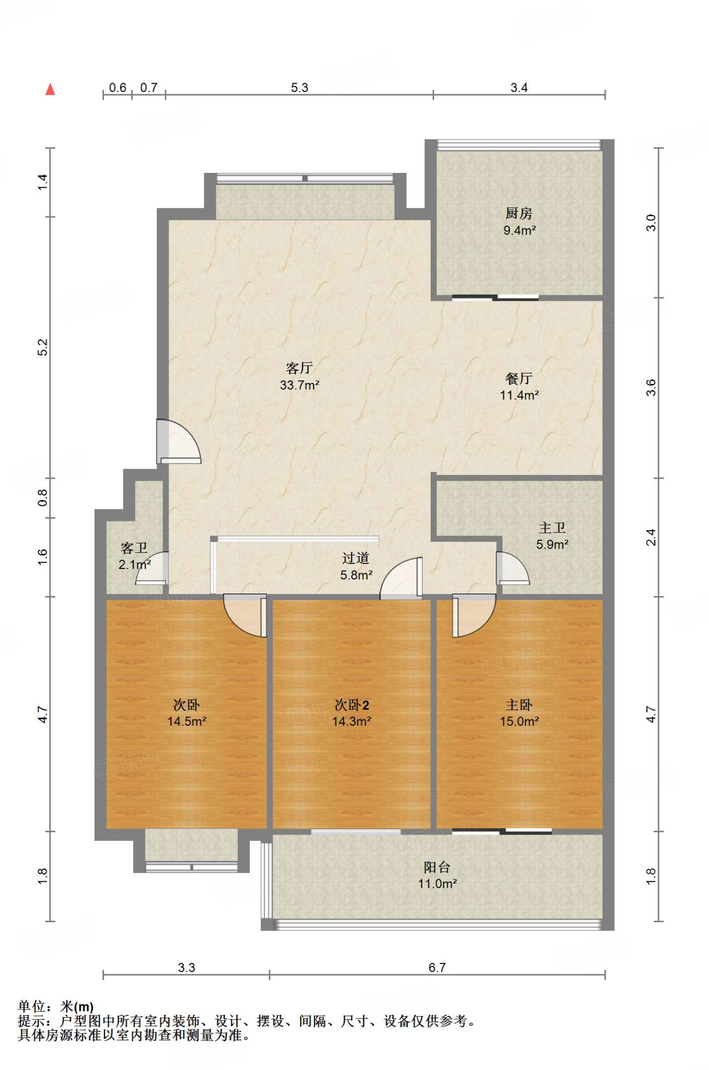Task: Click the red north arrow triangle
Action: (x=50, y=89)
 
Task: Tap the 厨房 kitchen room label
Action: (x=519, y=213)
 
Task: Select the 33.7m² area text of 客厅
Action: (x=299, y=386)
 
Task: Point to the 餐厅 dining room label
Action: (x=519, y=378)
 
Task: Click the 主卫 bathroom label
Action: (x=552, y=528)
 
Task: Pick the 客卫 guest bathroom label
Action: (x=134, y=548)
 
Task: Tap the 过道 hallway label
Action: (x=356, y=559)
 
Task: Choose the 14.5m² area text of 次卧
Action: (x=187, y=722)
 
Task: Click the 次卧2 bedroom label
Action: (x=352, y=705)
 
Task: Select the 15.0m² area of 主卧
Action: (x=519, y=722)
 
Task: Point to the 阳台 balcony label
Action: (x=437, y=867)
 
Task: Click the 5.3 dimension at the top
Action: (x=299, y=87)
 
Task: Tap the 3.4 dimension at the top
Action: (x=519, y=87)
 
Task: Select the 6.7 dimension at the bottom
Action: (x=437, y=968)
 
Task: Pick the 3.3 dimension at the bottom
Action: (x=186, y=968)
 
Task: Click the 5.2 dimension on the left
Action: (x=42, y=347)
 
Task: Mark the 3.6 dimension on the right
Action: (x=650, y=388)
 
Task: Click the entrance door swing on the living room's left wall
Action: (x=179, y=441)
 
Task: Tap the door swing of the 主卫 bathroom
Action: (x=513, y=568)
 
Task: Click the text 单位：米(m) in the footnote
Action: (x=55, y=1006)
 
